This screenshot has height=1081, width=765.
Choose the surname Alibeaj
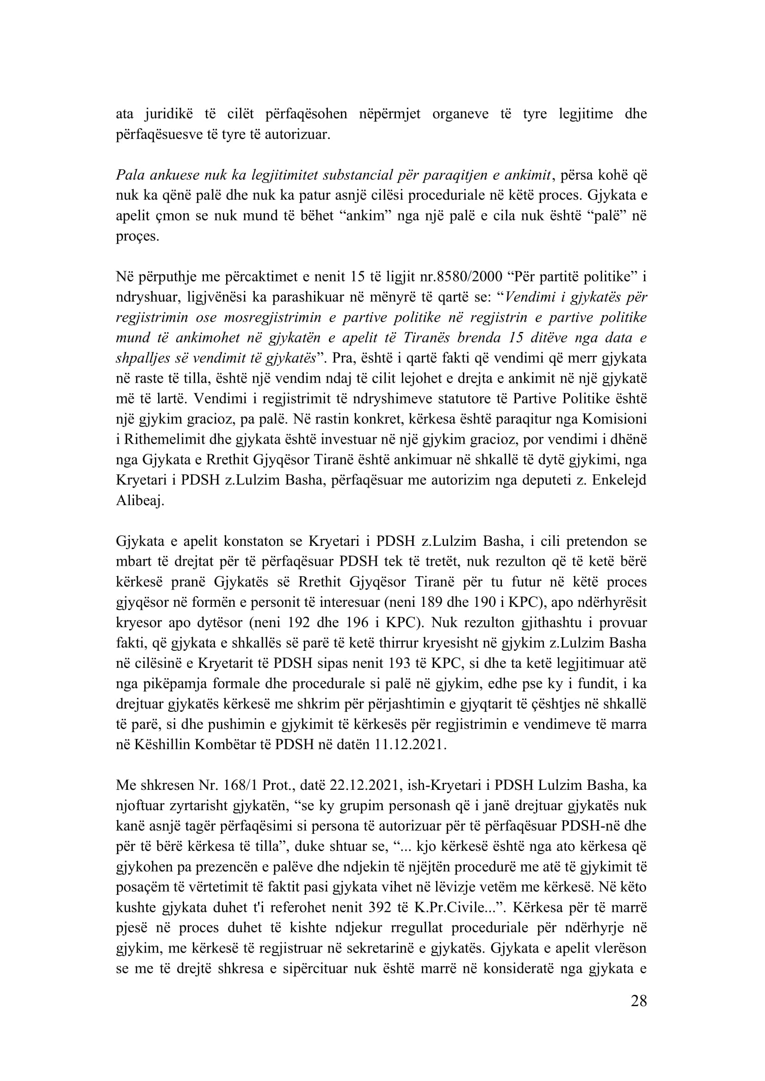point(140,501)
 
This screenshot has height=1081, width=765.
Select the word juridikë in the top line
point(169,114)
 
